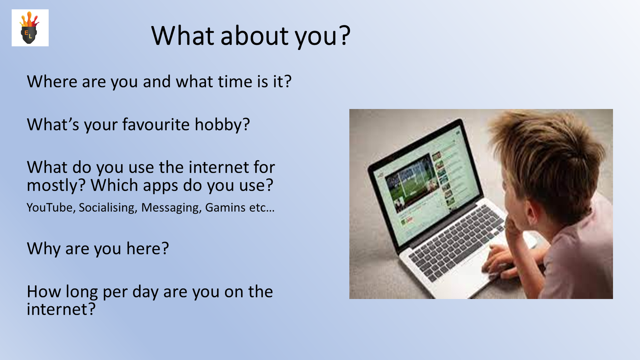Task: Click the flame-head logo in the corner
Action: [x=30, y=28]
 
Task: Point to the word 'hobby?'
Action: [x=222, y=125]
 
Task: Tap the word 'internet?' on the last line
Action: [x=61, y=309]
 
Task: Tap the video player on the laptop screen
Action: [x=410, y=183]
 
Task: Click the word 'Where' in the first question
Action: [x=52, y=82]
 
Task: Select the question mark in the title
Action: [x=345, y=36]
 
